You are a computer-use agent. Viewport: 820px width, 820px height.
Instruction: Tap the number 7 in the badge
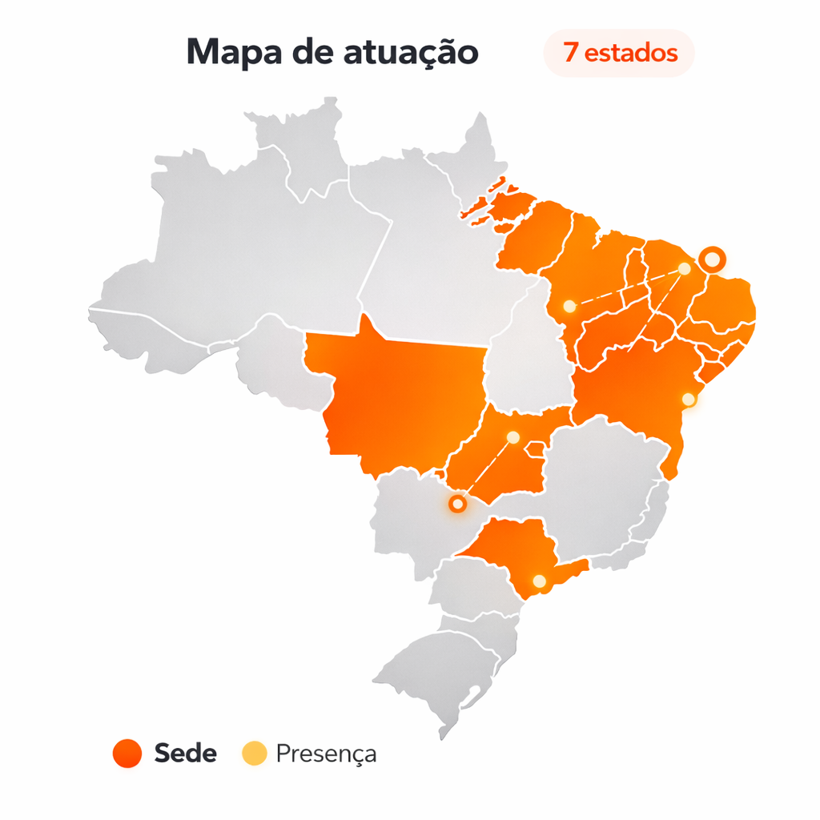click(x=570, y=54)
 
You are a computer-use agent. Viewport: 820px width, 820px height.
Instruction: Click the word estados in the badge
click(x=631, y=54)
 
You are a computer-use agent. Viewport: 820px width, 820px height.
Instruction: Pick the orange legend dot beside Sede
click(x=127, y=754)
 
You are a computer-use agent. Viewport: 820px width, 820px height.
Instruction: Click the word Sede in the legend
click(x=185, y=754)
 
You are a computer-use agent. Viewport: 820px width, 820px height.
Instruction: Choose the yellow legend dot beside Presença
click(x=254, y=754)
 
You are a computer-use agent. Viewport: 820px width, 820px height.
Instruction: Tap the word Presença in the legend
click(x=326, y=754)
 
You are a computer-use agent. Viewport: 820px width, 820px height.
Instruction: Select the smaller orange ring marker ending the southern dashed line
click(x=457, y=504)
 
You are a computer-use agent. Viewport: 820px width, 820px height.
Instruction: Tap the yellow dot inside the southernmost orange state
click(x=539, y=581)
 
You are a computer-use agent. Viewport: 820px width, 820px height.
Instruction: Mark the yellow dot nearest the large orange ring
click(x=685, y=269)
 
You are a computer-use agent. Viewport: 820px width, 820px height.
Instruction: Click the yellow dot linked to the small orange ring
click(x=513, y=437)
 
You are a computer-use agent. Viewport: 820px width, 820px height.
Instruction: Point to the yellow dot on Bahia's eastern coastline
click(x=688, y=399)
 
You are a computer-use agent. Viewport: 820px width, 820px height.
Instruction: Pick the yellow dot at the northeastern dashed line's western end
click(x=569, y=306)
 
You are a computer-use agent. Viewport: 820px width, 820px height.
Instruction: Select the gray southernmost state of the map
click(x=440, y=673)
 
